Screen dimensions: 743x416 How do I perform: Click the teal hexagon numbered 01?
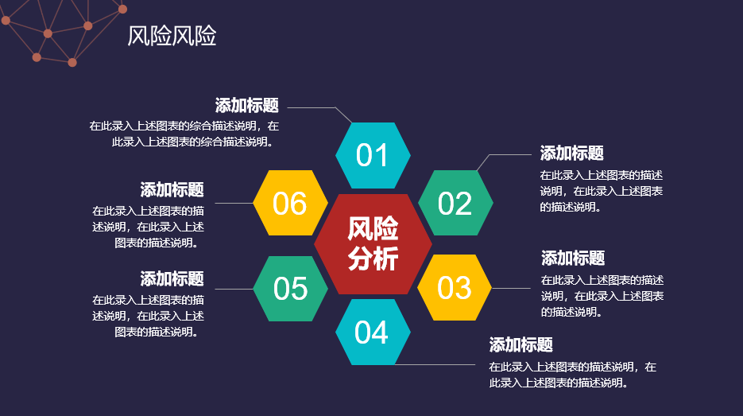[x=373, y=155]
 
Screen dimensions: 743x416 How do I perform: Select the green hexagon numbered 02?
[x=455, y=203]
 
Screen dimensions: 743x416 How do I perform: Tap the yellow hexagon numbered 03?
[x=455, y=287]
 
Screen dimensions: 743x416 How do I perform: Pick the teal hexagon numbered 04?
[x=373, y=332]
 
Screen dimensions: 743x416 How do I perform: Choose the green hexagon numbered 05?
[x=291, y=289]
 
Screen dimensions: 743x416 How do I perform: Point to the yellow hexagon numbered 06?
[x=291, y=203]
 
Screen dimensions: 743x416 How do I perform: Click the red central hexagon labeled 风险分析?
[x=373, y=244]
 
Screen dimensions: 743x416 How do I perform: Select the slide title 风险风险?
[x=172, y=36]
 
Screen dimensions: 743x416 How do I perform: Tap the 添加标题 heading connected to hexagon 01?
[x=247, y=105]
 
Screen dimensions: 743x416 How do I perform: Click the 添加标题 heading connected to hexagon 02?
[x=572, y=154]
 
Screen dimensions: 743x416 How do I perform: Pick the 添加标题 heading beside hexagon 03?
[x=573, y=258]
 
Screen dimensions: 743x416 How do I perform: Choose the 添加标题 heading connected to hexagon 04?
[x=520, y=345]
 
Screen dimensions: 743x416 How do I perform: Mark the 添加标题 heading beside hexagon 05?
[x=172, y=278]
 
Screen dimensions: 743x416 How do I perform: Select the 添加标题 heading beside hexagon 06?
[x=172, y=190]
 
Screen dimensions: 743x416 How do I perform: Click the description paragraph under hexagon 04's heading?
[x=572, y=375]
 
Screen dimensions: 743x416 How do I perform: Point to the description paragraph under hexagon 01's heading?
[x=184, y=134]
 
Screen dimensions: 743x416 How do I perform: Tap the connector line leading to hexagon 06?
[x=234, y=203]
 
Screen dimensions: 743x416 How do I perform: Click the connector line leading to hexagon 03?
[x=511, y=288]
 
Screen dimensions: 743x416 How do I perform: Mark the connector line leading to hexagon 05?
[x=234, y=289]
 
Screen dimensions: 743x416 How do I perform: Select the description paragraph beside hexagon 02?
[x=602, y=191]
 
